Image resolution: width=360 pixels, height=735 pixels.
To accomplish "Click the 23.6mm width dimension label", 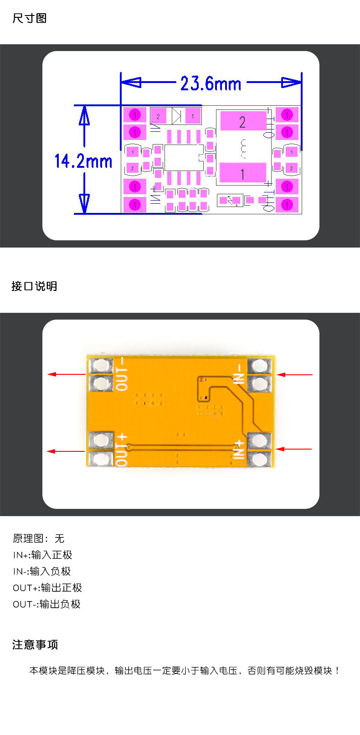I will (211, 83).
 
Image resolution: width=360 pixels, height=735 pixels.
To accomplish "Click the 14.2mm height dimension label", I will (83, 161).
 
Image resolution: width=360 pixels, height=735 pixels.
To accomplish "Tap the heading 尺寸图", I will (30, 18).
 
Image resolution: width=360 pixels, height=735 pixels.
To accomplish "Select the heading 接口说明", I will (34, 286).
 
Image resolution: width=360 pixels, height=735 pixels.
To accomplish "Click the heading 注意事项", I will (35, 644).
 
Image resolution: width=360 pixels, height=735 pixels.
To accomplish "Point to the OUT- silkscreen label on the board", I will (122, 374).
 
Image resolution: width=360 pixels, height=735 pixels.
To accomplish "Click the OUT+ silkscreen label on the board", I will (122, 449).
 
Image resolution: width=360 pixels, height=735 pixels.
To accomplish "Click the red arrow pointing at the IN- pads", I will (294, 374).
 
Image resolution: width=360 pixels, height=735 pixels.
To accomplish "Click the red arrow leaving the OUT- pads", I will (67, 374).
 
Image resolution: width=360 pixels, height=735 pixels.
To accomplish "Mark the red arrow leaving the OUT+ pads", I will (66, 451).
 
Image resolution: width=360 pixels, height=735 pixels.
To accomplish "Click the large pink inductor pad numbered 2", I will (242, 121).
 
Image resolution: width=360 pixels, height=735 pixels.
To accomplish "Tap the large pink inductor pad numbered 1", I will (242, 174).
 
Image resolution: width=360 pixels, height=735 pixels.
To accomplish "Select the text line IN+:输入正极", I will (43, 555).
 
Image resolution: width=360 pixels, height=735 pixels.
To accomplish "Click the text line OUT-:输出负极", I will (46, 604).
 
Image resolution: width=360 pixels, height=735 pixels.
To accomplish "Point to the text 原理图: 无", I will (39, 538).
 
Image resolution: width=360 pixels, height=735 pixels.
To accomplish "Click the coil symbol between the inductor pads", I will (243, 148).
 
